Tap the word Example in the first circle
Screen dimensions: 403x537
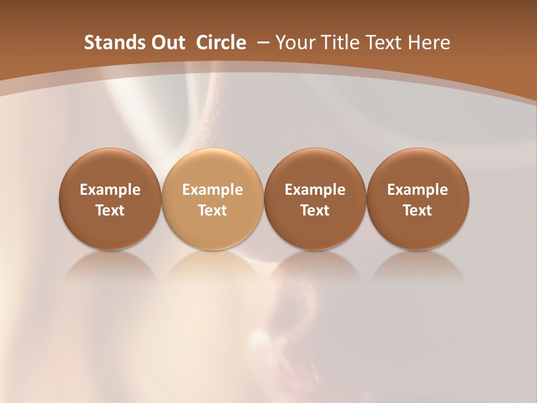tap(110, 190)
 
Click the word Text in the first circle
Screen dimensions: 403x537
tap(110, 210)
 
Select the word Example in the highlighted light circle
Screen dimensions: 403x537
tap(213, 190)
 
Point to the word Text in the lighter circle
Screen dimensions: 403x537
tap(213, 210)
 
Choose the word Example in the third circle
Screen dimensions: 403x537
tap(315, 190)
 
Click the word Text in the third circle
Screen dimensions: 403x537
tap(315, 210)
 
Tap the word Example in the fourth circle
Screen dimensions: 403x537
tap(417, 190)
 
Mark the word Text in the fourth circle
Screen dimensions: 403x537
tap(417, 210)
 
